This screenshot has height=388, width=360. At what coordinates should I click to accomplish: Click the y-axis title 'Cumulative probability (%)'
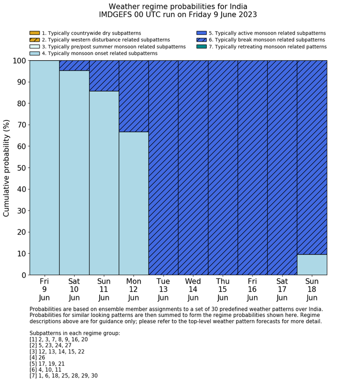7,168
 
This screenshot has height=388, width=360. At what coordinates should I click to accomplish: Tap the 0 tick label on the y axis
23,275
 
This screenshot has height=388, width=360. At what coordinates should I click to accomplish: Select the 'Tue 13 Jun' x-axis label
163,289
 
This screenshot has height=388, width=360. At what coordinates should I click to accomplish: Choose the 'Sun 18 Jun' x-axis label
312,289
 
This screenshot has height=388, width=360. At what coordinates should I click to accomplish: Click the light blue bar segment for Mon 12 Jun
134,203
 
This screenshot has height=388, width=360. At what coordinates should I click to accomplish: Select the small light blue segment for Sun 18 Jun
312,264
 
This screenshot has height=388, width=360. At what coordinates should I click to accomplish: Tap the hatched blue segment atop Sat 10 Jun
74,65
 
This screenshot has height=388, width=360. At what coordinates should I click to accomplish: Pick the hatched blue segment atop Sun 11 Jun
104,76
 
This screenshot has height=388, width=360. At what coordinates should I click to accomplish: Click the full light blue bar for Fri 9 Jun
44,168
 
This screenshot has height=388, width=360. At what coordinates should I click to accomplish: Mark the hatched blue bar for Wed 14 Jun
193,168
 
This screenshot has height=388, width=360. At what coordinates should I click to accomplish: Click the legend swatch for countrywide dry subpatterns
34,33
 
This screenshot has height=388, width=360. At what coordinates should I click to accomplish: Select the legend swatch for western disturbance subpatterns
34,40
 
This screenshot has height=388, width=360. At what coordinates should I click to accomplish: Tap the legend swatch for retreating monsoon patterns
202,46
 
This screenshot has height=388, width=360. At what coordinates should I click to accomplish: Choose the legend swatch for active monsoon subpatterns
202,33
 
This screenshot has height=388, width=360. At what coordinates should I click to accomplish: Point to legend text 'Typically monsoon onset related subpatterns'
100,53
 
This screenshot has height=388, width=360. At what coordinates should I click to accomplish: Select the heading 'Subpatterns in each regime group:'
75,333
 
